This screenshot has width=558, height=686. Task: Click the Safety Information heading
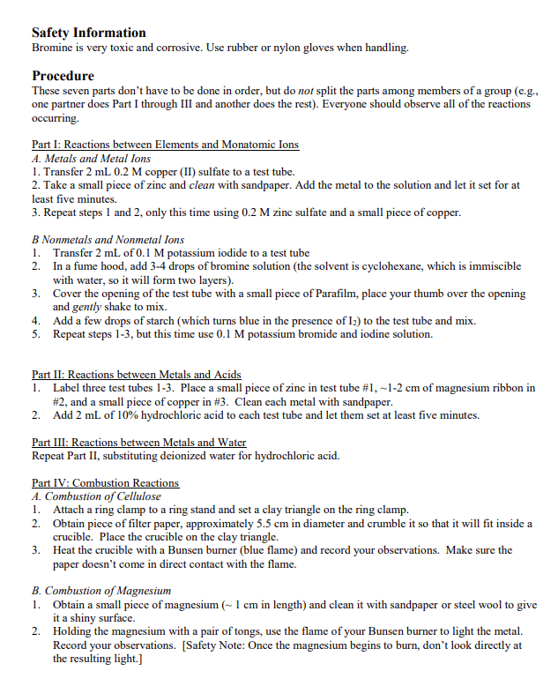pos(89,32)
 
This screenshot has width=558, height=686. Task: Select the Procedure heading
pos(63,76)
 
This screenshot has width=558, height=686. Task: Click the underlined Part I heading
pos(165,145)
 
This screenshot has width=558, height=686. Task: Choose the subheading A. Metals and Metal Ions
pos(91,159)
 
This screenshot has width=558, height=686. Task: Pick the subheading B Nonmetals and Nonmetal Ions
pos(108,239)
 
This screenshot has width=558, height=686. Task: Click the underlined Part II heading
pos(136,375)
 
